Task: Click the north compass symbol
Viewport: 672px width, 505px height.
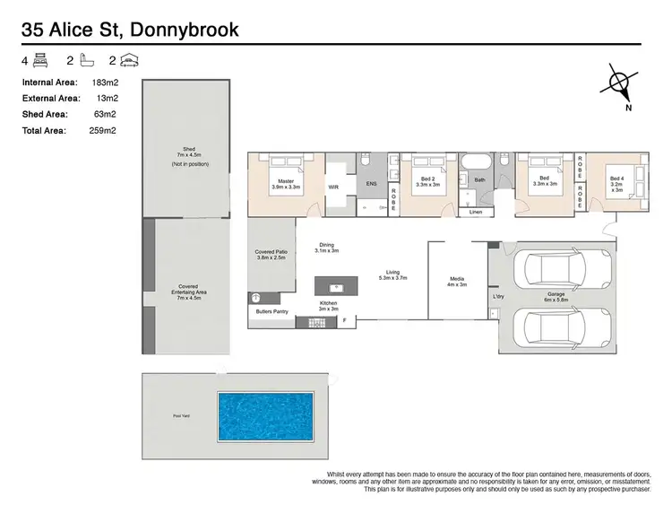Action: point(620,83)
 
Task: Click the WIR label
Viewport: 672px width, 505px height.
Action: point(333,187)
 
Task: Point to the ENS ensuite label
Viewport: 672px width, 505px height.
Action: point(372,183)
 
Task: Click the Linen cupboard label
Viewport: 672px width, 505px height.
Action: point(475,212)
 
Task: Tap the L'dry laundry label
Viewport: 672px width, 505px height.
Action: point(498,296)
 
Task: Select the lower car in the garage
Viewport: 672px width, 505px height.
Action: point(553,326)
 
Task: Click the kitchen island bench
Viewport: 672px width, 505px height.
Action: point(335,287)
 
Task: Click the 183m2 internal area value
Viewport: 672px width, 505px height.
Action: point(106,82)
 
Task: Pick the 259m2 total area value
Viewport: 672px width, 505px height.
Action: point(106,130)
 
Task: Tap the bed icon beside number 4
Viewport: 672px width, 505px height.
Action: point(40,61)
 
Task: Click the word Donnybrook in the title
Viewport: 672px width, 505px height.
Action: point(185,30)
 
